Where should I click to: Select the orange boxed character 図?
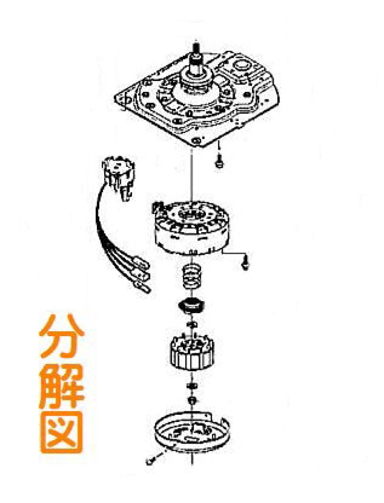(61, 432)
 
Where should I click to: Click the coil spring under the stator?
(191, 277)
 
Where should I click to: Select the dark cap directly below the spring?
(192, 305)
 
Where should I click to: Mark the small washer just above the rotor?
(192, 326)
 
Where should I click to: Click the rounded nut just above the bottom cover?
(192, 399)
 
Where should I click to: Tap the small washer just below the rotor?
(192, 386)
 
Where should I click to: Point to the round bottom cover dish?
(192, 432)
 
